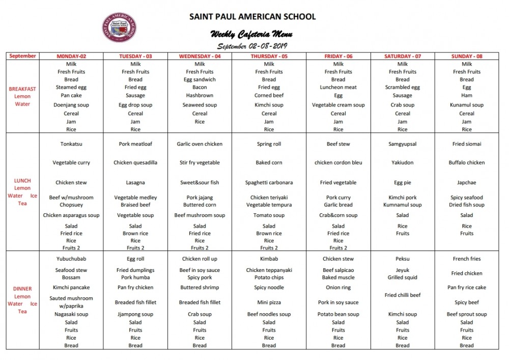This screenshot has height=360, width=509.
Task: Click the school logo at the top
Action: click(119, 27)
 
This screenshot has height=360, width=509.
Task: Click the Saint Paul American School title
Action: click(252, 16)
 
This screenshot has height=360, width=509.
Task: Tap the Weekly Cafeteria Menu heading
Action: click(251, 34)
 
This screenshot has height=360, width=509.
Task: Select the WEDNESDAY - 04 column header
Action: click(200, 56)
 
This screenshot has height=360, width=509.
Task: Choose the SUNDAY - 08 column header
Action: click(467, 56)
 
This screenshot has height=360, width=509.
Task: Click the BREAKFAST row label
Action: click(22, 89)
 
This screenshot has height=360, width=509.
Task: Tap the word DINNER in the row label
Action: click(22, 289)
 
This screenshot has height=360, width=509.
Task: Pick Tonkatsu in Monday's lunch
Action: click(71, 144)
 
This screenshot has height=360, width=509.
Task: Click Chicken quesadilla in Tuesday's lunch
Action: click(135, 163)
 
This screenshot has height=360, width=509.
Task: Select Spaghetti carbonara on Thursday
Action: click(269, 183)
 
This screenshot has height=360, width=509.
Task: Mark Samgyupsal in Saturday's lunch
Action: click(402, 144)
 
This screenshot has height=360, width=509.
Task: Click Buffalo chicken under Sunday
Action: click(467, 163)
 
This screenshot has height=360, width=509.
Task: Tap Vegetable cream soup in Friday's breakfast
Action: click(338, 105)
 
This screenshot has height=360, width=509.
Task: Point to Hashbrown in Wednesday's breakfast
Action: click(200, 95)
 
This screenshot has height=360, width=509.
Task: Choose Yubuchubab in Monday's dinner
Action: click(71, 259)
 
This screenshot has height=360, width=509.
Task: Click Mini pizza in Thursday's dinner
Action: click(269, 302)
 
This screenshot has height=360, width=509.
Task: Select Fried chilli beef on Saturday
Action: click(402, 295)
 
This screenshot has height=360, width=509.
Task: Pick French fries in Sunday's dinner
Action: click(467, 259)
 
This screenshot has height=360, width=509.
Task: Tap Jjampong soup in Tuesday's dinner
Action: click(135, 315)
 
